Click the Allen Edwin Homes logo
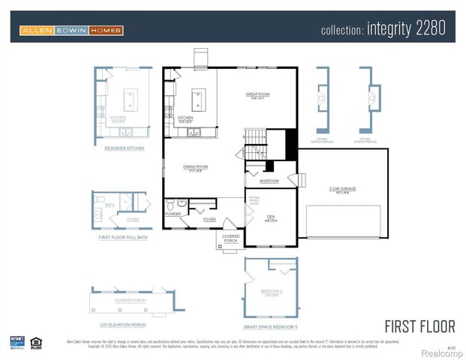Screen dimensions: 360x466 [x=71, y=30]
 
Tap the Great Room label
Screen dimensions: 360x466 [x=257, y=94]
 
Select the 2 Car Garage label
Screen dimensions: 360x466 [x=342, y=190]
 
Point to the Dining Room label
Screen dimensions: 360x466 [x=196, y=166]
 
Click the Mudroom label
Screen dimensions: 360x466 [x=269, y=181]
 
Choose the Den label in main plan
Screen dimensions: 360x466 [x=270, y=217]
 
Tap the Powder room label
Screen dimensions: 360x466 [x=173, y=214]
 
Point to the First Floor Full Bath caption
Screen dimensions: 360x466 [x=125, y=237]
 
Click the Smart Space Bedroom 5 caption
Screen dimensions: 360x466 [x=271, y=327]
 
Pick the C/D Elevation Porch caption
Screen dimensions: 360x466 [x=123, y=324]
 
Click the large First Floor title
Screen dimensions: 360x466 [x=419, y=326]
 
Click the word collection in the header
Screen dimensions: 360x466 [x=342, y=31]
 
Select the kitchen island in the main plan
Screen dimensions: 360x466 [x=198, y=97]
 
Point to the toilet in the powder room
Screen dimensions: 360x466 [x=171, y=204]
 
